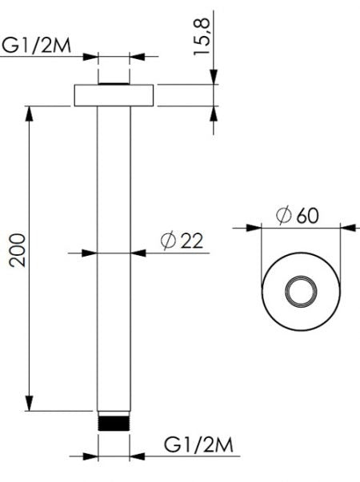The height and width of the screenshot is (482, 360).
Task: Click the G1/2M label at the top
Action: click(38, 45)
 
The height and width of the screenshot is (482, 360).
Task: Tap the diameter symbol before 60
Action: click(282, 216)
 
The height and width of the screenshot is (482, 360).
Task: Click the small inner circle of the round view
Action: click(302, 293)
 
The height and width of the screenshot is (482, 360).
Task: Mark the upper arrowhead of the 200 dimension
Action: click(31, 111)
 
